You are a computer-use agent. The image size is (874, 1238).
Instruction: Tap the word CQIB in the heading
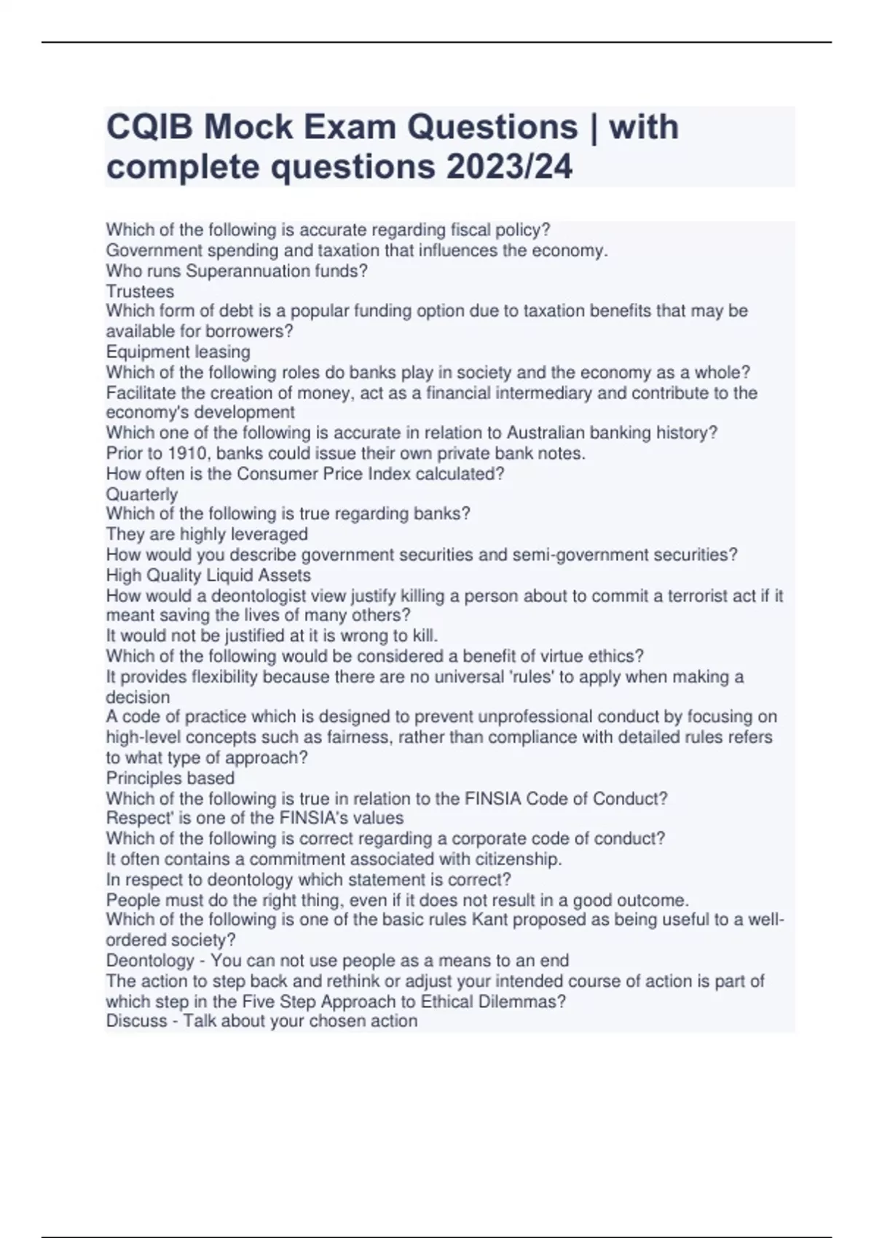[149, 127]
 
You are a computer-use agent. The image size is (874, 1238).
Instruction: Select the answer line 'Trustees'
[140, 291]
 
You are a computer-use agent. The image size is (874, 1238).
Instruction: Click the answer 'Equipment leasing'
[178, 352]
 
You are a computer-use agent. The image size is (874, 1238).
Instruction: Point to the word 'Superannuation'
[237, 271]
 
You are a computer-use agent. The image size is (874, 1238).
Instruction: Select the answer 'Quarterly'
[141, 494]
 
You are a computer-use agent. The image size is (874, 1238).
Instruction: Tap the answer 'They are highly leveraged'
[207, 534]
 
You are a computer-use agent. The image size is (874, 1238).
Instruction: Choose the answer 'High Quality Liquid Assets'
[208, 575]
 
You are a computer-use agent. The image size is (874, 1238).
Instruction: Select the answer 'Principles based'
[170, 778]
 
